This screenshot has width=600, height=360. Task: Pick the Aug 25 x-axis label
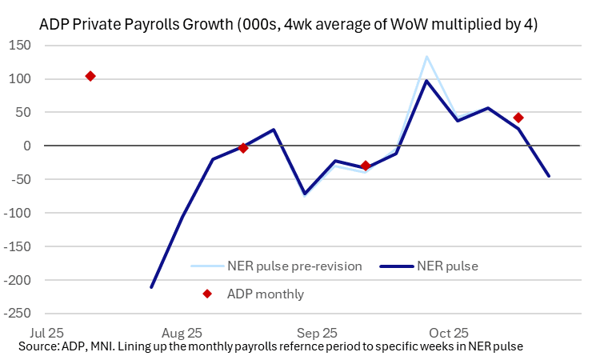(182, 332)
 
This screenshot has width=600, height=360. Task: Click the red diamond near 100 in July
(90, 76)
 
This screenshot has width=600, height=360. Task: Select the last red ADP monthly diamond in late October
(518, 118)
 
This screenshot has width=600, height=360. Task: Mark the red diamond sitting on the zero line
(243, 148)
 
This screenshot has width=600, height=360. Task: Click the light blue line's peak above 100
(427, 57)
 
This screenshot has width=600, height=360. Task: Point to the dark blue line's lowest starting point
(151, 287)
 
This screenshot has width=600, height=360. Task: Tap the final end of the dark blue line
(549, 176)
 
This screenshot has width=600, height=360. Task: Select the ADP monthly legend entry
(265, 294)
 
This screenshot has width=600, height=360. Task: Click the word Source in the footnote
(36, 346)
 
